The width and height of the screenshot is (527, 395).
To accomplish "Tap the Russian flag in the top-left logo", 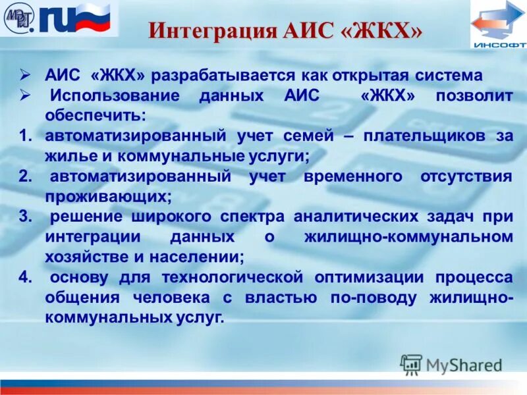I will [x=96, y=18].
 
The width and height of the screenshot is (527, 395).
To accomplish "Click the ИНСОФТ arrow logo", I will [x=498, y=24].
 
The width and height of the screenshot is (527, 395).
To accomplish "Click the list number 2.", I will [x=26, y=176].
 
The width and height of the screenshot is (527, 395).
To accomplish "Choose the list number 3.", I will [x=26, y=217].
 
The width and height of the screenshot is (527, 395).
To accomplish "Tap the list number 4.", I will [x=26, y=276].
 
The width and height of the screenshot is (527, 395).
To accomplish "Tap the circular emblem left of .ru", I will [x=20, y=18].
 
